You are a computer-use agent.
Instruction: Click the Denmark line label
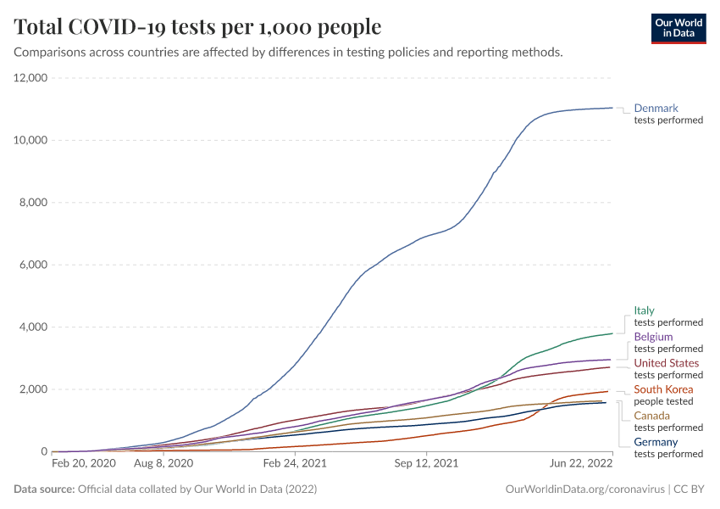(656, 109)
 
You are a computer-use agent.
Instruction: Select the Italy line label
(644, 310)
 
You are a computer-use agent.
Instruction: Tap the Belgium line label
(653, 337)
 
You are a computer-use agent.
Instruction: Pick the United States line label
(667, 363)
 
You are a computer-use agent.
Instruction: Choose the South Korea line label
(663, 389)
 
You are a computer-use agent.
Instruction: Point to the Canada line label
(651, 416)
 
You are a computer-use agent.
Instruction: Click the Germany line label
(656, 442)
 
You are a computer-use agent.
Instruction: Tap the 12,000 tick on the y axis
(30, 78)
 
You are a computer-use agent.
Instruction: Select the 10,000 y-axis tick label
(30, 140)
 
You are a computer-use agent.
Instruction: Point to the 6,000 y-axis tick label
(33, 265)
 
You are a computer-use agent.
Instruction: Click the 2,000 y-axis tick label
(33, 389)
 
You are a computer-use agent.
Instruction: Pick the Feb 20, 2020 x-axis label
(84, 464)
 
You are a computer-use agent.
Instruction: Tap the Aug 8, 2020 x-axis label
(164, 464)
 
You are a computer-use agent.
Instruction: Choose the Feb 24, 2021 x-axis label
(295, 464)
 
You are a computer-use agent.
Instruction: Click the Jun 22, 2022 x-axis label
(581, 464)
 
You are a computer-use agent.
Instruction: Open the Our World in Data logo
(678, 27)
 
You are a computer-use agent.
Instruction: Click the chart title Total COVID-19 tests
(197, 27)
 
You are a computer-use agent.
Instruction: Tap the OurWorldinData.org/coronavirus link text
(584, 489)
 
